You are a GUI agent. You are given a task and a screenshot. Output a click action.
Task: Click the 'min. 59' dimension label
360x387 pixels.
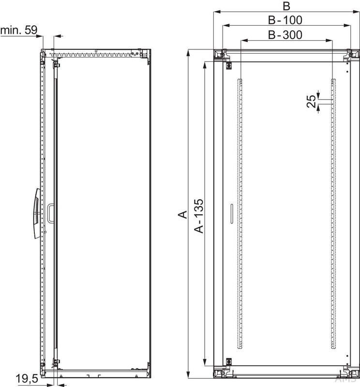point(18,30)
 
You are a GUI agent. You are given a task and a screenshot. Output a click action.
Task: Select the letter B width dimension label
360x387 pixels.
point(286,6)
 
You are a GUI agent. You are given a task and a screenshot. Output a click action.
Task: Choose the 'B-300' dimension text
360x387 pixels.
point(286,34)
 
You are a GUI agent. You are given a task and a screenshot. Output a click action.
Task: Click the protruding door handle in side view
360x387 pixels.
point(37,213)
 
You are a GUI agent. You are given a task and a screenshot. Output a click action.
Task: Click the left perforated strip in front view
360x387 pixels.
point(239,213)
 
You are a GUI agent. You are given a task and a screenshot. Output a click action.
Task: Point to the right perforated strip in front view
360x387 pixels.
point(333,213)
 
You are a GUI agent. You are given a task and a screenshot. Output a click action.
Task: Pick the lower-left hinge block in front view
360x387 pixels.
point(227,361)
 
